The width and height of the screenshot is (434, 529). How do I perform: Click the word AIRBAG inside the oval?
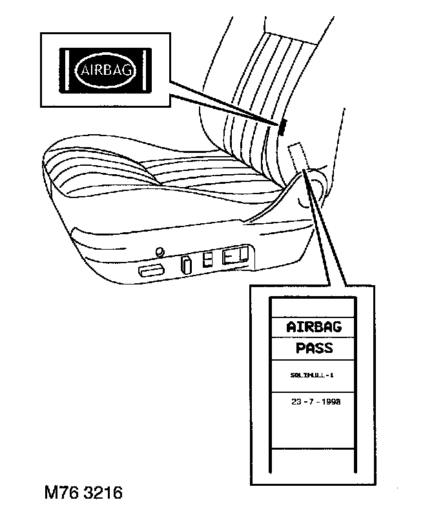106,70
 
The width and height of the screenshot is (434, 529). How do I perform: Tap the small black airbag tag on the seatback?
282,127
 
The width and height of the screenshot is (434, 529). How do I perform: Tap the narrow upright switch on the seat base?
185,264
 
